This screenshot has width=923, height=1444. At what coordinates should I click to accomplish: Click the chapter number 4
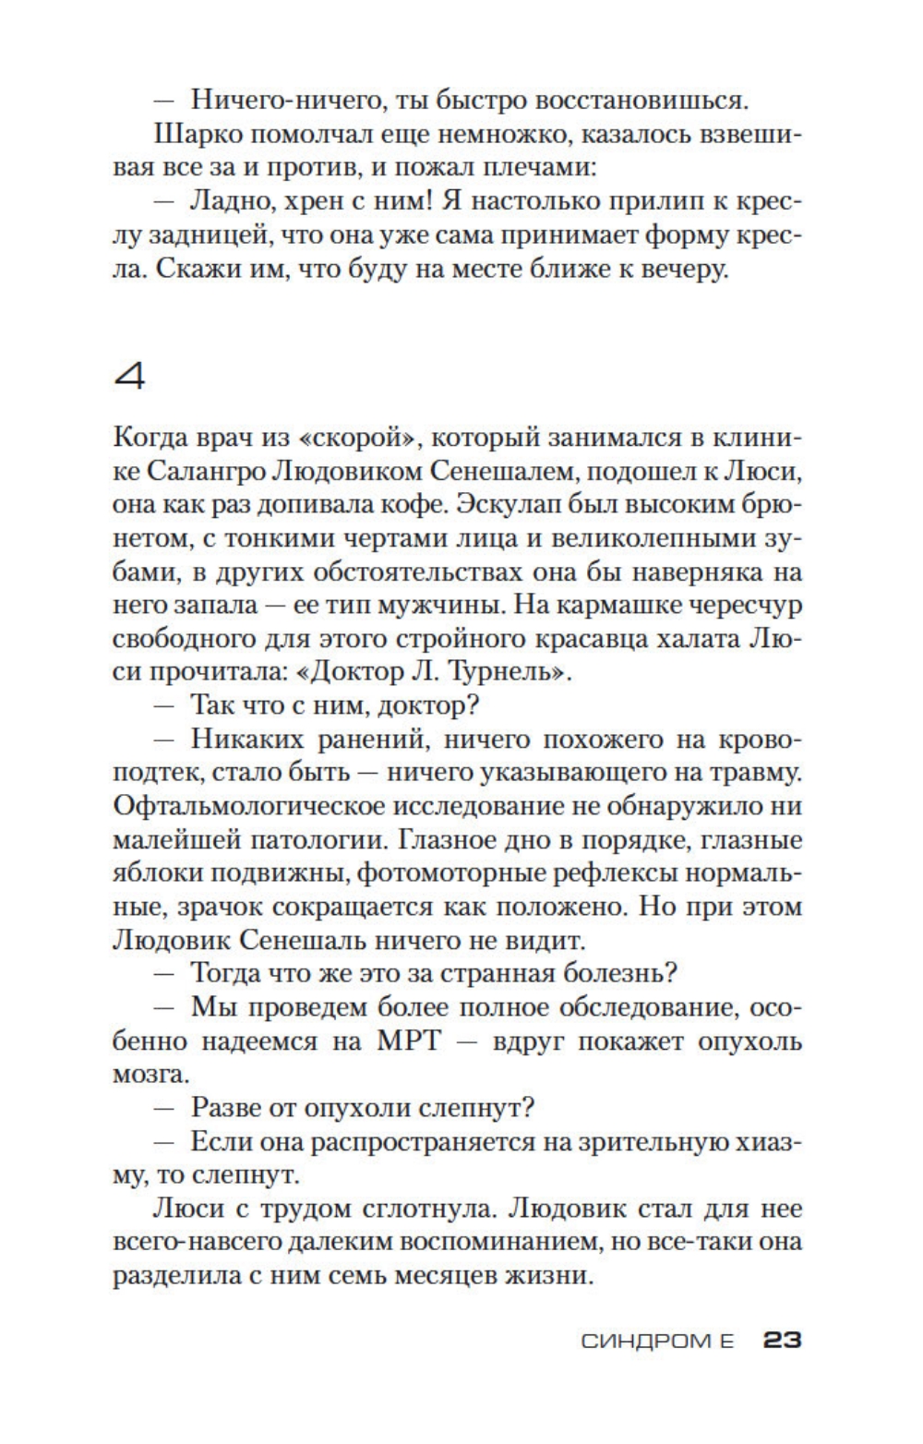129,377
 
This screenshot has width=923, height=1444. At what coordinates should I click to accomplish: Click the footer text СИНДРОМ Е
657,1341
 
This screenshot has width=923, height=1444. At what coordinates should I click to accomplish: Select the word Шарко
192,134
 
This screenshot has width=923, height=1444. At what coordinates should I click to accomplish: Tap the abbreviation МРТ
411,1041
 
